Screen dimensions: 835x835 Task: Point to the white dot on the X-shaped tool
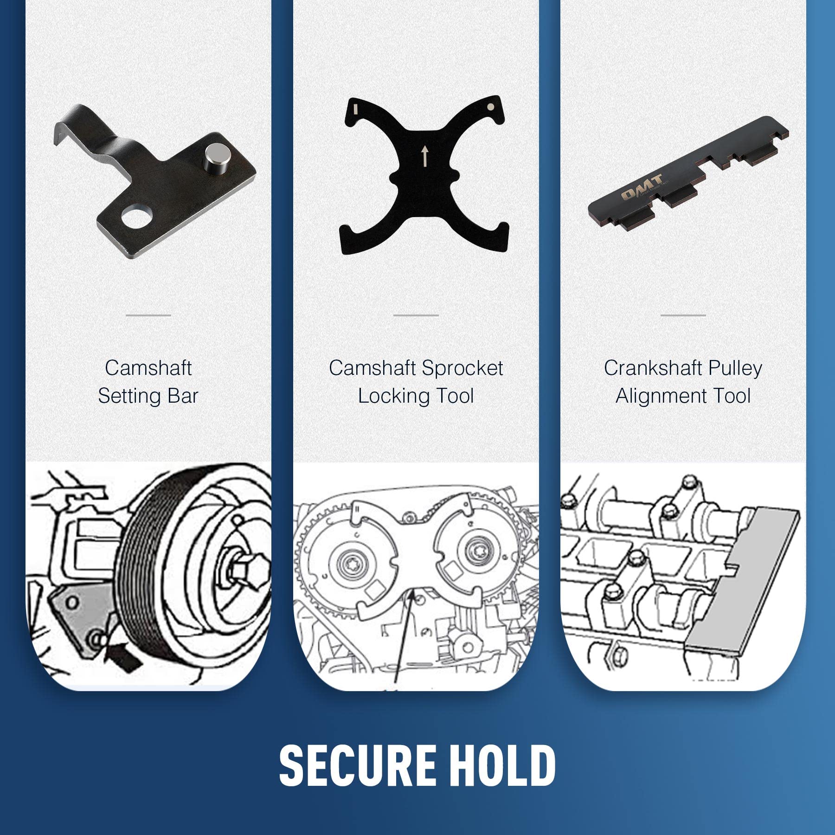coord(490,107)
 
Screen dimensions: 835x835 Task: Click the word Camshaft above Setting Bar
coord(148,368)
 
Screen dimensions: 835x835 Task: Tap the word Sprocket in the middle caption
coord(462,368)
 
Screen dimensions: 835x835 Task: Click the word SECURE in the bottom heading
coord(357,765)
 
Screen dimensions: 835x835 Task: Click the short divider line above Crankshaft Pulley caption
coord(683,315)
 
